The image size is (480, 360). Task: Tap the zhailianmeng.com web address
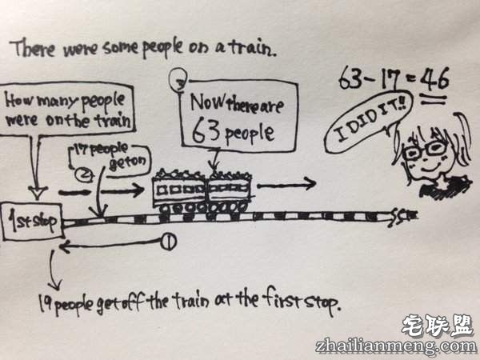pyautogui.click(x=409, y=346)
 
